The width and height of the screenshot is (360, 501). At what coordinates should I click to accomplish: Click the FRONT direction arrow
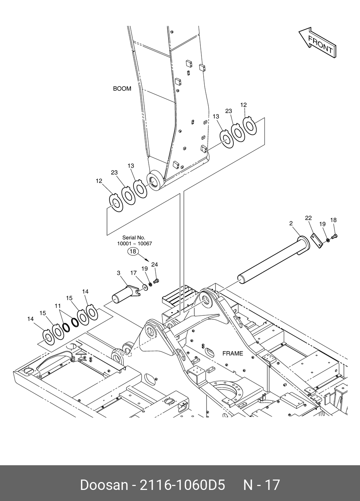click(318, 43)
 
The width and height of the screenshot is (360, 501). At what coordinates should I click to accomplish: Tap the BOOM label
click(122, 89)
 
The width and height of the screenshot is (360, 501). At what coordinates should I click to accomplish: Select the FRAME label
click(233, 353)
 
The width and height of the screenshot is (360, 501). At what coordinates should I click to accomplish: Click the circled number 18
click(133, 251)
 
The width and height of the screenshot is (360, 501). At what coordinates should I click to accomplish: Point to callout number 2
click(291, 223)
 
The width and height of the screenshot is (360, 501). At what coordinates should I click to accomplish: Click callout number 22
click(308, 218)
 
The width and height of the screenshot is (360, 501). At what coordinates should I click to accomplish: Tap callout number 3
click(118, 273)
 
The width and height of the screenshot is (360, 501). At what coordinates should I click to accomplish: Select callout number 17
click(133, 273)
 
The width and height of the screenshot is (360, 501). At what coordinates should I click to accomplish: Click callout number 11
click(58, 306)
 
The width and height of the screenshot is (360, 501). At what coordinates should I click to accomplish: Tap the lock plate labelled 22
click(317, 241)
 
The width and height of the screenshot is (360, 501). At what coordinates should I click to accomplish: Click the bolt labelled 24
click(156, 281)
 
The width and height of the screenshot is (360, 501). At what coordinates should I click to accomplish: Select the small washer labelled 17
click(145, 287)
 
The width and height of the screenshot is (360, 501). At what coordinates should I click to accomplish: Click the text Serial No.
click(133, 237)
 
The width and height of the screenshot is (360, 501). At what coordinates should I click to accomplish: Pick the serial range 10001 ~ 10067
click(135, 244)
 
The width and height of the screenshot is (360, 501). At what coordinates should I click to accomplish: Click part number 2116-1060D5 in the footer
click(182, 484)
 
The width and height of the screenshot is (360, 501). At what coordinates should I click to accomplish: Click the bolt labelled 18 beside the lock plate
click(334, 236)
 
